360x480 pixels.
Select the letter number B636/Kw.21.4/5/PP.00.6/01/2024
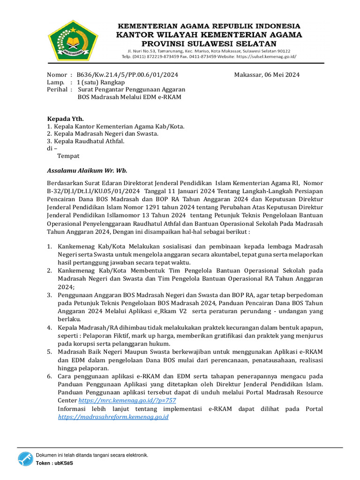coord(127,75)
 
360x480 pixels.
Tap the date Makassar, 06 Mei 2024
coord(267,75)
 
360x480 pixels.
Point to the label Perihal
coord(57,89)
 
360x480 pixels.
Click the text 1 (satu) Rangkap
coord(104,82)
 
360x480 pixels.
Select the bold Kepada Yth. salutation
coord(65,119)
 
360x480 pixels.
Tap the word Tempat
coord(68,156)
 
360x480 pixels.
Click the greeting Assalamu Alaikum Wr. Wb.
coord(87,171)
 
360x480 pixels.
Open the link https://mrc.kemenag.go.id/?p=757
coord(127,401)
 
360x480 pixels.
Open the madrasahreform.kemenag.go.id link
coord(113,416)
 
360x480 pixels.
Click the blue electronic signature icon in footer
coord(26,459)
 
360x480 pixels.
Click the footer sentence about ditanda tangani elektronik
coord(92,455)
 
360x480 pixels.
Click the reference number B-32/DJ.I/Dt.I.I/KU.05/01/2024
coord(94,191)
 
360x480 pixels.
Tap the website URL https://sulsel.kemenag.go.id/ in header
coord(268,56)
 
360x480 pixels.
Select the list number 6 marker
coord(49,377)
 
